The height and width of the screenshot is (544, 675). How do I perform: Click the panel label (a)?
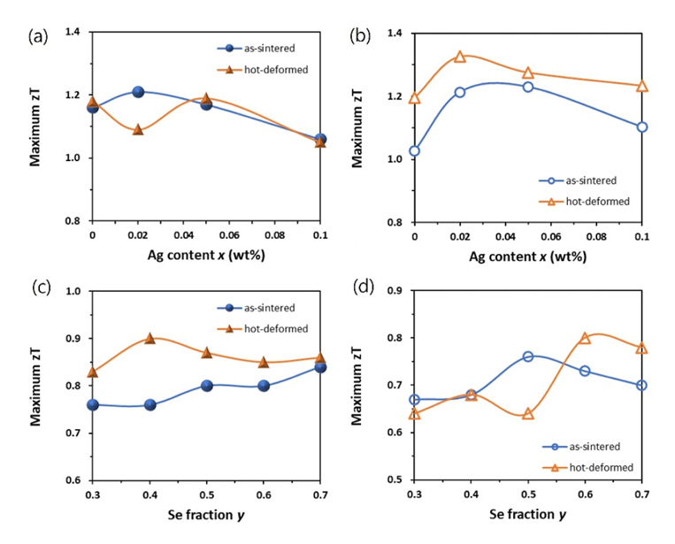point(37,36)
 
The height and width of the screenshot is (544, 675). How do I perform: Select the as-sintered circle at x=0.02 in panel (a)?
point(138,92)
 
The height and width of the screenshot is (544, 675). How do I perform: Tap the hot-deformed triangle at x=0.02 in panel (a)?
point(138,129)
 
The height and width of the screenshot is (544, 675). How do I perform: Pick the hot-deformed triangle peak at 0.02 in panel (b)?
point(460,57)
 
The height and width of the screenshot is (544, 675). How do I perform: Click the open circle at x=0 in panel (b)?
point(414,150)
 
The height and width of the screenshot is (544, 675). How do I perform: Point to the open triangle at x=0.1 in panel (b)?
point(642,86)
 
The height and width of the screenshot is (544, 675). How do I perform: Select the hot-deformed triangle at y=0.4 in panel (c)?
point(150,338)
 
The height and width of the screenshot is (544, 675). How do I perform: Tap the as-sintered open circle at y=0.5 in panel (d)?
point(527,356)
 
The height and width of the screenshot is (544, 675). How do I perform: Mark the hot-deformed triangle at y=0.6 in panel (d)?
point(585,338)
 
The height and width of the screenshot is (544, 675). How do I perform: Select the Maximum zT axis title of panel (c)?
point(38,385)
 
